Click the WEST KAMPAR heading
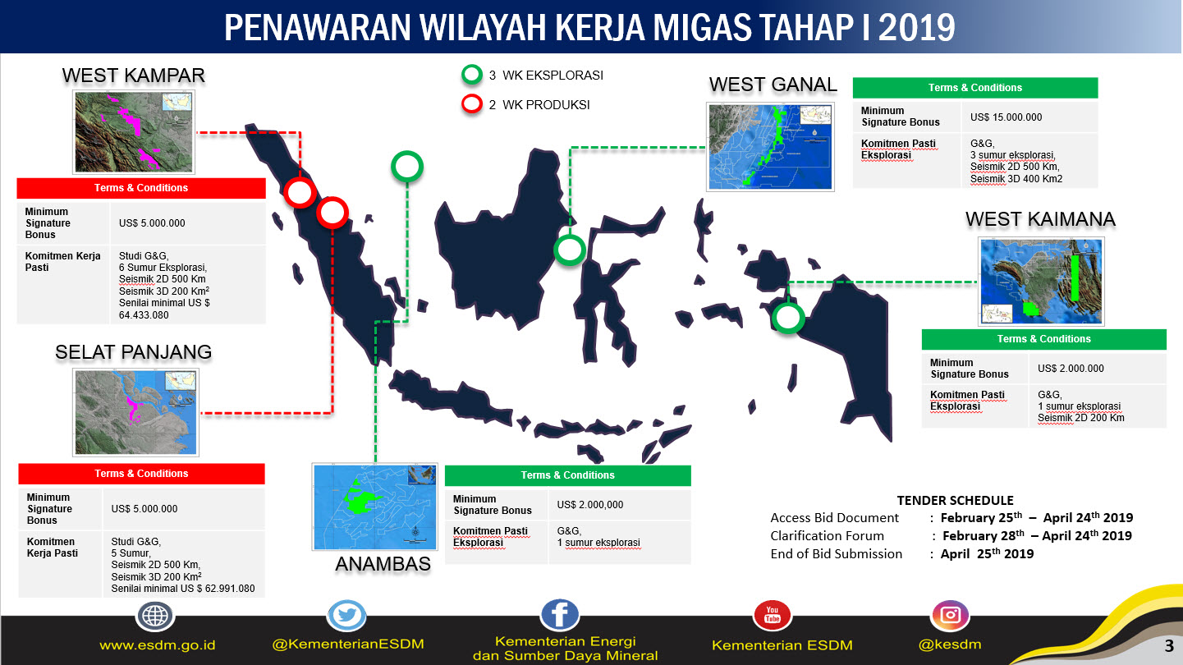133,76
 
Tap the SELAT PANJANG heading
133,352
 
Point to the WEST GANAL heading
773,85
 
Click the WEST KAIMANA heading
1040,219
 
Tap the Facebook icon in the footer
560,614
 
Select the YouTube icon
772,614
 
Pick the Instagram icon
950,615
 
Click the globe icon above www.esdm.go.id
155,616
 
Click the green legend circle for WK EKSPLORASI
471,76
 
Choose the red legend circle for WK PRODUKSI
471,105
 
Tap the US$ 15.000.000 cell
1006,117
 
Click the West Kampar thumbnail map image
135,131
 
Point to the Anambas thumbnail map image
374,506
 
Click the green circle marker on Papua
788,318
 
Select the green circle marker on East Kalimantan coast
569,250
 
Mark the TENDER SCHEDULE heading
955,500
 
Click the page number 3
1168,644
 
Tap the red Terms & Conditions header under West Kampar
141,188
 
